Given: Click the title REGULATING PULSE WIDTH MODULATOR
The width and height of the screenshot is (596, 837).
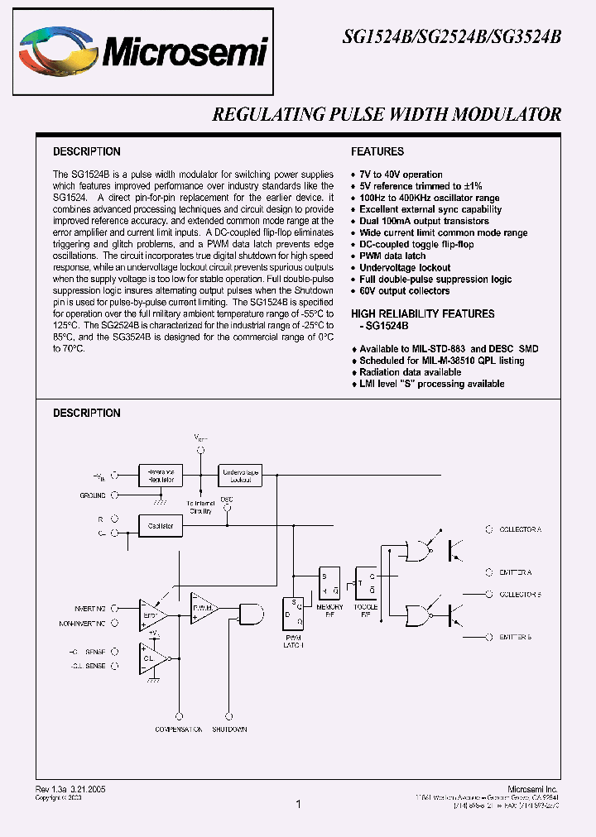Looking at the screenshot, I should [387, 115].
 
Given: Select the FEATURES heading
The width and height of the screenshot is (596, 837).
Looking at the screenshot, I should [377, 151].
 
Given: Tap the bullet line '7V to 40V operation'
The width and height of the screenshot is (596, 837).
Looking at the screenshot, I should [401, 175].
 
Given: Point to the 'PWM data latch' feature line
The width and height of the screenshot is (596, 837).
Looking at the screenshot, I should [392, 256].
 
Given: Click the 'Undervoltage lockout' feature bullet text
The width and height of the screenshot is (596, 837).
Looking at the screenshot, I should [405, 267].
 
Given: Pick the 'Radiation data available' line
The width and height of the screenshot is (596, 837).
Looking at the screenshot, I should [410, 372].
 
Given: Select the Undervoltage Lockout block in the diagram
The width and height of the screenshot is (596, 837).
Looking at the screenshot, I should [239, 475].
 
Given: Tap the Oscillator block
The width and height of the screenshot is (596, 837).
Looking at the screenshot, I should [161, 525].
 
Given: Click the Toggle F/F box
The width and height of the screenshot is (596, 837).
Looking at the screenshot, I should [366, 583].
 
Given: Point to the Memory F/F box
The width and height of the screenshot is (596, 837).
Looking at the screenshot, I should [329, 583].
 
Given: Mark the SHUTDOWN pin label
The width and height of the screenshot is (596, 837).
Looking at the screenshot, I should [228, 729].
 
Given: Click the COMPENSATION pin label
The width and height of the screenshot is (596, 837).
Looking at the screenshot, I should [179, 729].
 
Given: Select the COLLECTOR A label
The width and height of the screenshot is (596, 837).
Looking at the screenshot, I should [519, 529].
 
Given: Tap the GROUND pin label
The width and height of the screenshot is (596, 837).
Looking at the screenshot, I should [92, 495].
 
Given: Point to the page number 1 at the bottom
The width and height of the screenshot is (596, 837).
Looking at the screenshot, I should [298, 803].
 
